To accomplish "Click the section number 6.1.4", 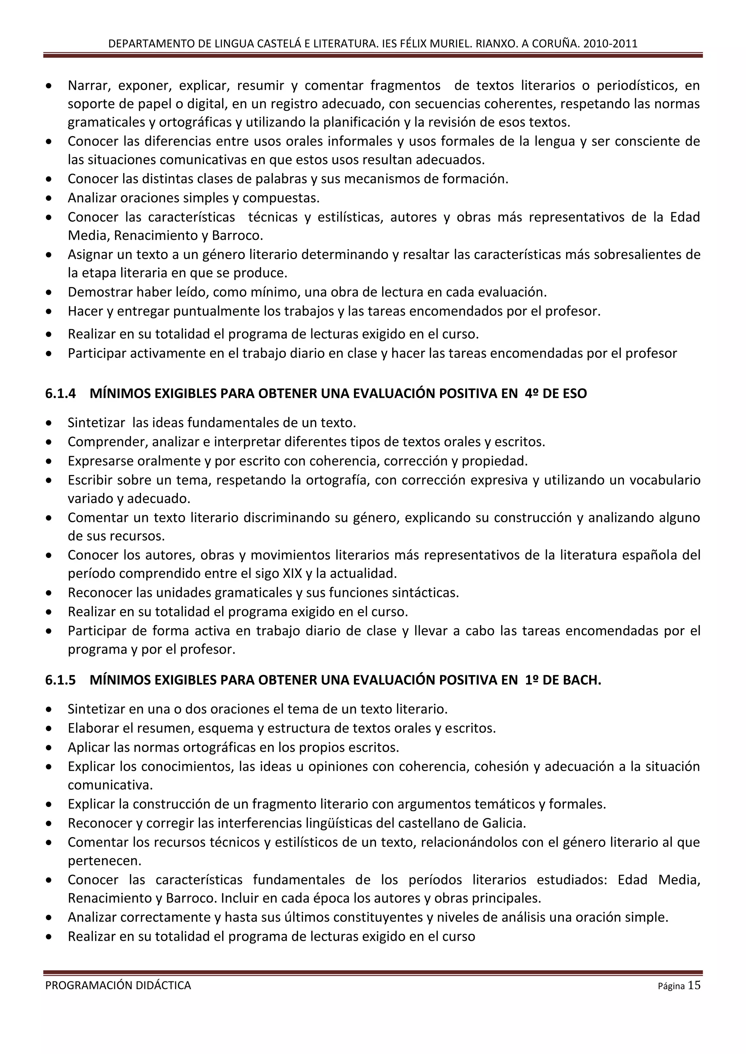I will click(60, 394).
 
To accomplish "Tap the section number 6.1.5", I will click(60, 680).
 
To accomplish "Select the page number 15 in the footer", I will click(694, 985).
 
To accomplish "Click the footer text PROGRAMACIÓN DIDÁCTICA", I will click(118, 986).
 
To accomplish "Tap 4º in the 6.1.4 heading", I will click(531, 394).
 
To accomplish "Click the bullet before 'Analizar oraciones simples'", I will click(49, 198).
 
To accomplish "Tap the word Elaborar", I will click(93, 729).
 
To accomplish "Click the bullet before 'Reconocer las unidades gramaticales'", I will click(49, 593).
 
